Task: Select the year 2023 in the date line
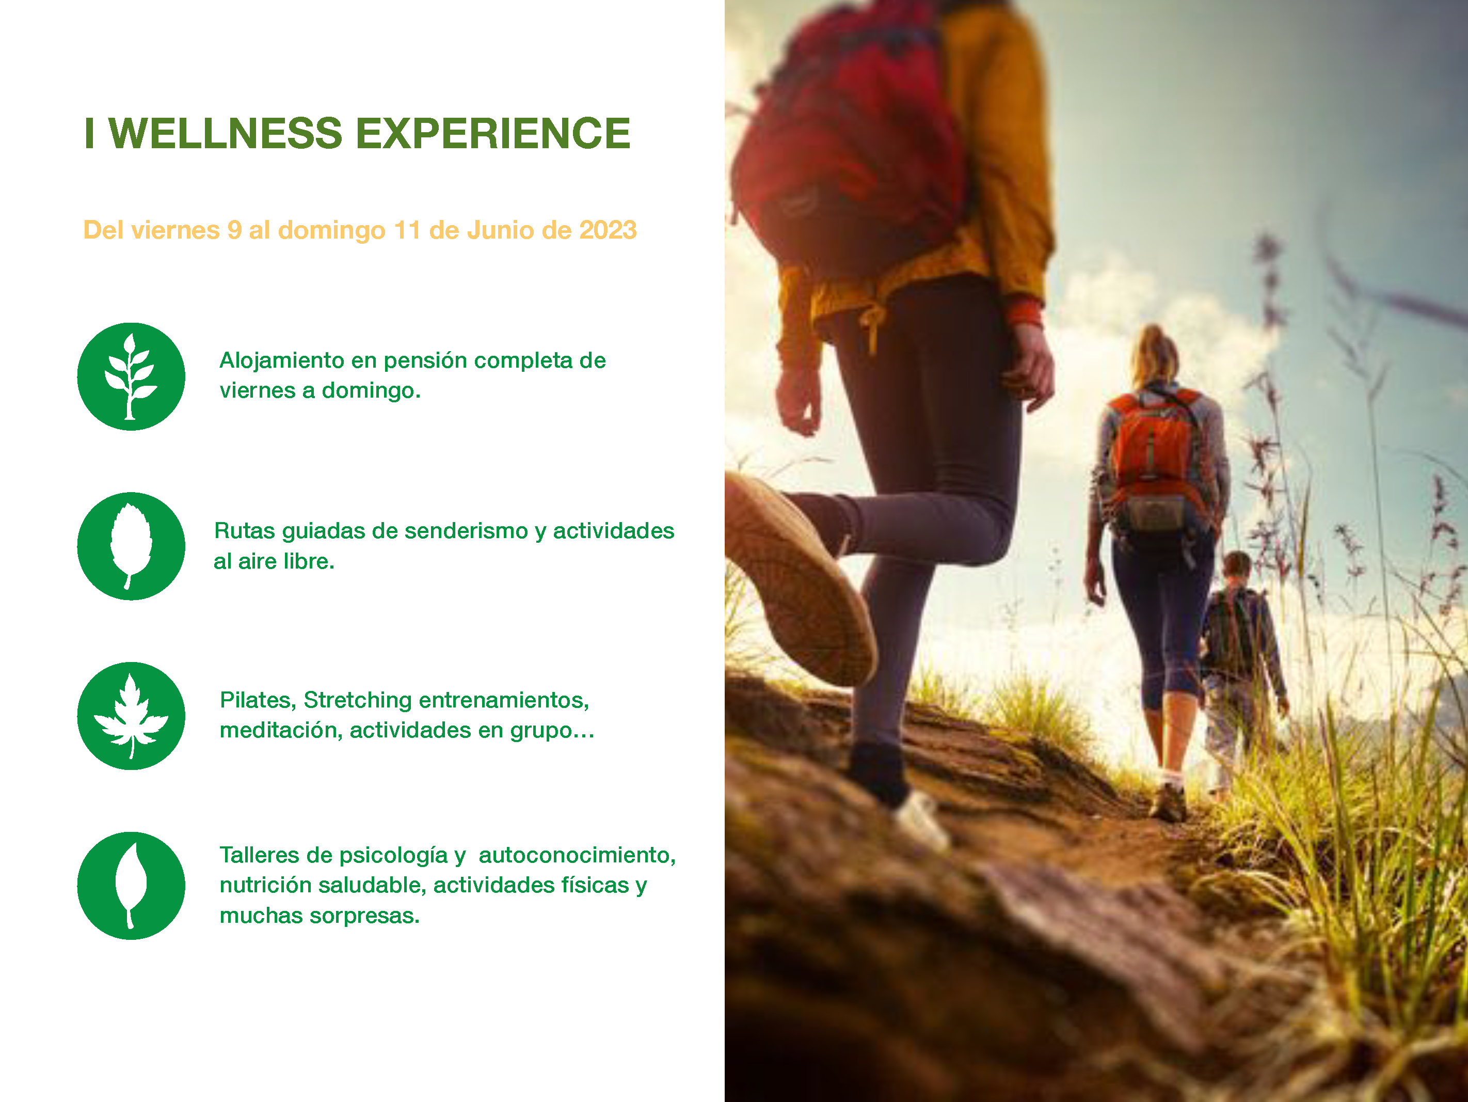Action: click(608, 230)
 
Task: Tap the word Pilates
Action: click(257, 700)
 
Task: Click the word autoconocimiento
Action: click(576, 855)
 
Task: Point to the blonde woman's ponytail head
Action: click(1155, 352)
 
